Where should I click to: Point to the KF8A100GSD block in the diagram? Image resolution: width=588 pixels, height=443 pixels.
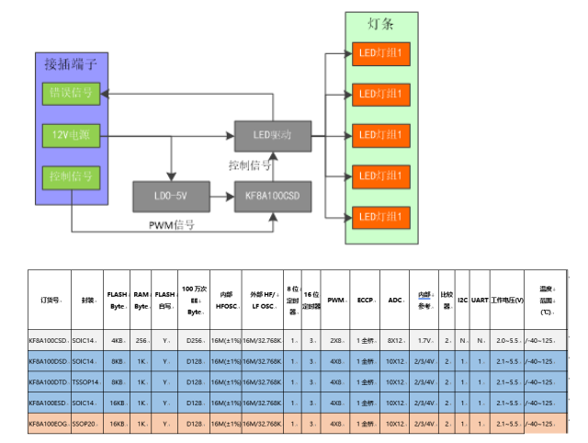point(273,195)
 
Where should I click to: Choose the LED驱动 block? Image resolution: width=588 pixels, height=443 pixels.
point(272,135)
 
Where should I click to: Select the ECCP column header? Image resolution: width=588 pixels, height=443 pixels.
point(365,300)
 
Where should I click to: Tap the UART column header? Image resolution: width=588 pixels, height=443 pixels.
point(479,300)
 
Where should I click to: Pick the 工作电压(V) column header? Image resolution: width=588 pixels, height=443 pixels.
point(507,300)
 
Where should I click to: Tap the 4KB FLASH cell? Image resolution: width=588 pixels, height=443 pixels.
point(118,341)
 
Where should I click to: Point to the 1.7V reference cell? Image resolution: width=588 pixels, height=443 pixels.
point(425,341)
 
